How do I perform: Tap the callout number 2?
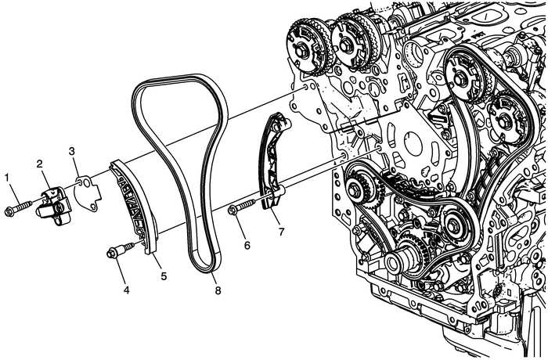(x=38, y=164)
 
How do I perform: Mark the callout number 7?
(x=280, y=232)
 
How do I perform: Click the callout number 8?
(x=218, y=290)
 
